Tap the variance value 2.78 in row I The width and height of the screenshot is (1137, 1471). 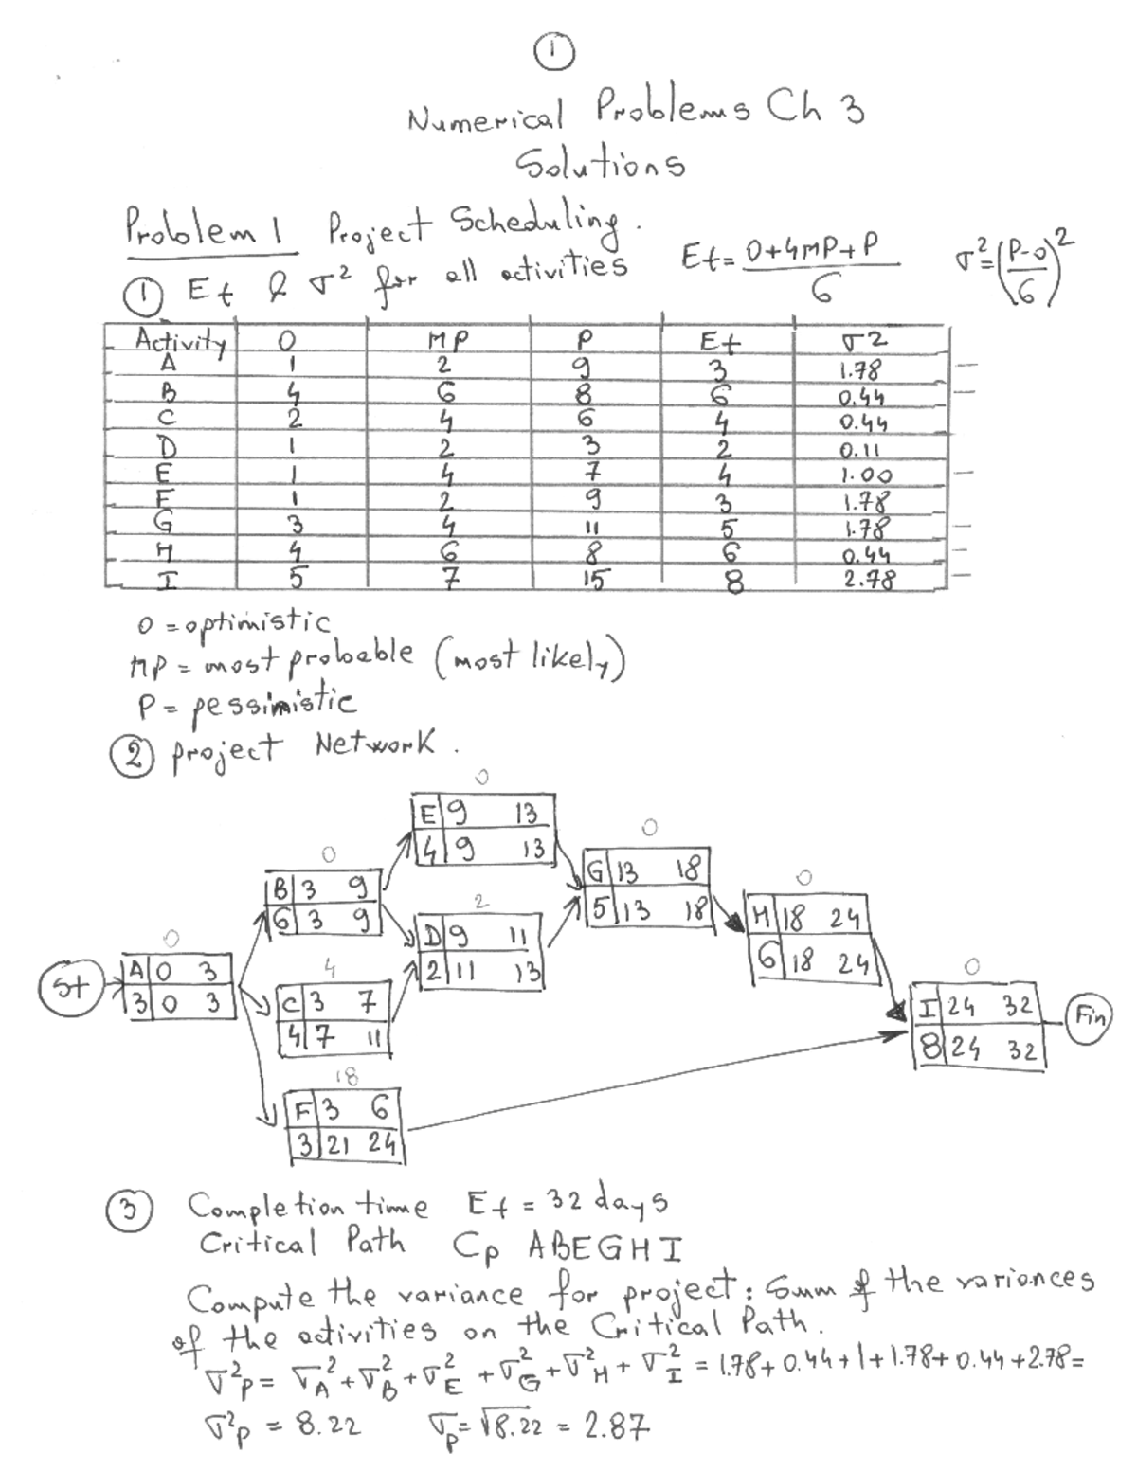pyautogui.click(x=869, y=578)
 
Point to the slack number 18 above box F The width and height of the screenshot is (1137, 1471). pyautogui.click(x=346, y=1076)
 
